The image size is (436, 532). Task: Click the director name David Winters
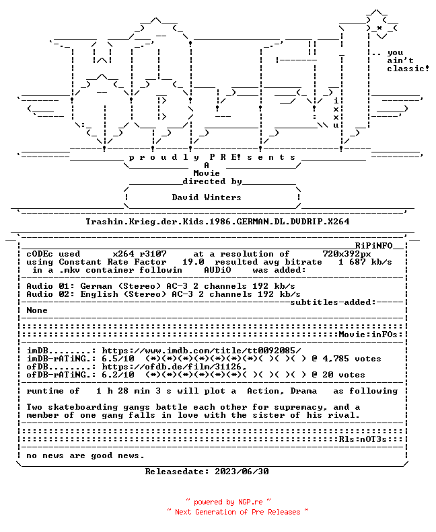click(207, 197)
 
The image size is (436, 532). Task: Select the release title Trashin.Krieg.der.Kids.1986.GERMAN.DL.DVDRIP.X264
click(217, 222)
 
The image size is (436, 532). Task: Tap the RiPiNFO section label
click(374, 246)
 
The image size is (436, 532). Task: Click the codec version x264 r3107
click(140, 254)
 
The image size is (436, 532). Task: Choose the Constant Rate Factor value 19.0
click(193, 262)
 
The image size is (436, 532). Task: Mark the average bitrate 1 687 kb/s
click(365, 262)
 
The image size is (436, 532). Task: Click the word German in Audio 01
click(96, 286)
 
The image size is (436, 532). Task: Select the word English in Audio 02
click(99, 294)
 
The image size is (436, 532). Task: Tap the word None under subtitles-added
click(37, 310)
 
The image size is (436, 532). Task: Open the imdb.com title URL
click(201, 351)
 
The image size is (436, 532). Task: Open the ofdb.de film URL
click(174, 367)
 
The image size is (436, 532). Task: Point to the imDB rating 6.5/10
click(118, 359)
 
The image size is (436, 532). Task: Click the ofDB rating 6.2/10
click(118, 375)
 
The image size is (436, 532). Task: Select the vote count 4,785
click(336, 359)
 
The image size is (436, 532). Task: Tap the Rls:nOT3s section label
click(363, 439)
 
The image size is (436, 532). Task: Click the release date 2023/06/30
click(242, 472)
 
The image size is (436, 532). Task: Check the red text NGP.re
click(250, 502)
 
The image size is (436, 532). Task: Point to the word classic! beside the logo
click(408, 69)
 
